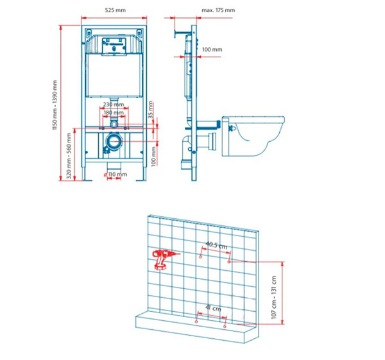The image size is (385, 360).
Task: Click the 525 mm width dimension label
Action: coord(115,10)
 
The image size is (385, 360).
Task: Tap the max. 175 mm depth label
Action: coord(218,10)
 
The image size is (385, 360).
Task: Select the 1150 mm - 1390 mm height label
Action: coord(55,105)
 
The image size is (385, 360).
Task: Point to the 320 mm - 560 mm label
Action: coord(69,156)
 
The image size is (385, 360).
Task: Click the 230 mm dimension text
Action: coord(114,105)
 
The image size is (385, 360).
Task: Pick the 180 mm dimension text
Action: coord(114,113)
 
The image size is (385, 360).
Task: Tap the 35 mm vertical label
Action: coord(151,110)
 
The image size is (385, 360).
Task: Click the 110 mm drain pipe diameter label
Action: coord(117,175)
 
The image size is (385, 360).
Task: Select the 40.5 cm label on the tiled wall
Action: coord(216,245)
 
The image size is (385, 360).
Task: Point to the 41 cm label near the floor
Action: coord(214,307)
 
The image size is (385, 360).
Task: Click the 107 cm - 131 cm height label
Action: coord(274,297)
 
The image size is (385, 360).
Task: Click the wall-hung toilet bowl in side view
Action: coord(253,136)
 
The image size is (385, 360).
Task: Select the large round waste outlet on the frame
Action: coord(114,141)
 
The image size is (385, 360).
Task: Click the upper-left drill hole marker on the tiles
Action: coord(200,257)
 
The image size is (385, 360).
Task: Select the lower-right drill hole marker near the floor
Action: coord(225,327)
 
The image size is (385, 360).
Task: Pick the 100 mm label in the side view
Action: coord(212,49)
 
